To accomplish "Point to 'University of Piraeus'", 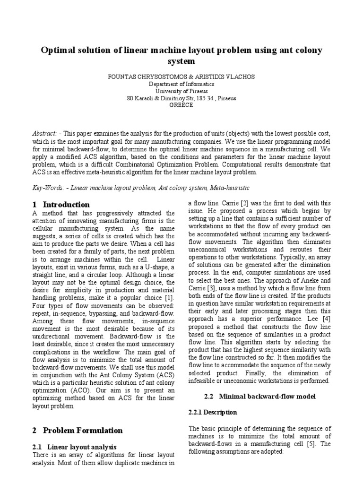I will point(181,91).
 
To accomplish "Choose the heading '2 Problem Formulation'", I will point(78,430).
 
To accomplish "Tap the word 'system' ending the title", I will point(181,61).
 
